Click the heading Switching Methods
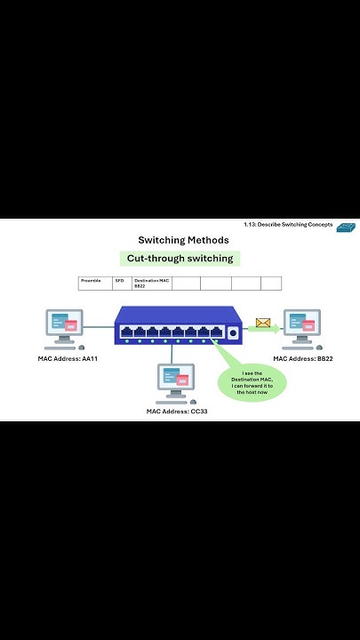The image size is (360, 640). coord(183,240)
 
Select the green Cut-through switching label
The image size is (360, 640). coord(180,259)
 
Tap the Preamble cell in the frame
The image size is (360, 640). coord(95,284)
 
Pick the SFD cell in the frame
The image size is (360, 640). coord(122,284)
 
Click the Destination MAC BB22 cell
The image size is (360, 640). coord(151,284)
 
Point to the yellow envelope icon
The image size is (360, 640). coord(262,323)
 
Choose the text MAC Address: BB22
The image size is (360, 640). coord(304,358)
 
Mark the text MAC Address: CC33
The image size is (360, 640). coord(178,412)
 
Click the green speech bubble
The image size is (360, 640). coord(252,383)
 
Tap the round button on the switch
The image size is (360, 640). coord(233,333)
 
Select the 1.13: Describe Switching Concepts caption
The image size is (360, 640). coord(288,225)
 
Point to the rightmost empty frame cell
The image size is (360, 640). coord(271,284)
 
